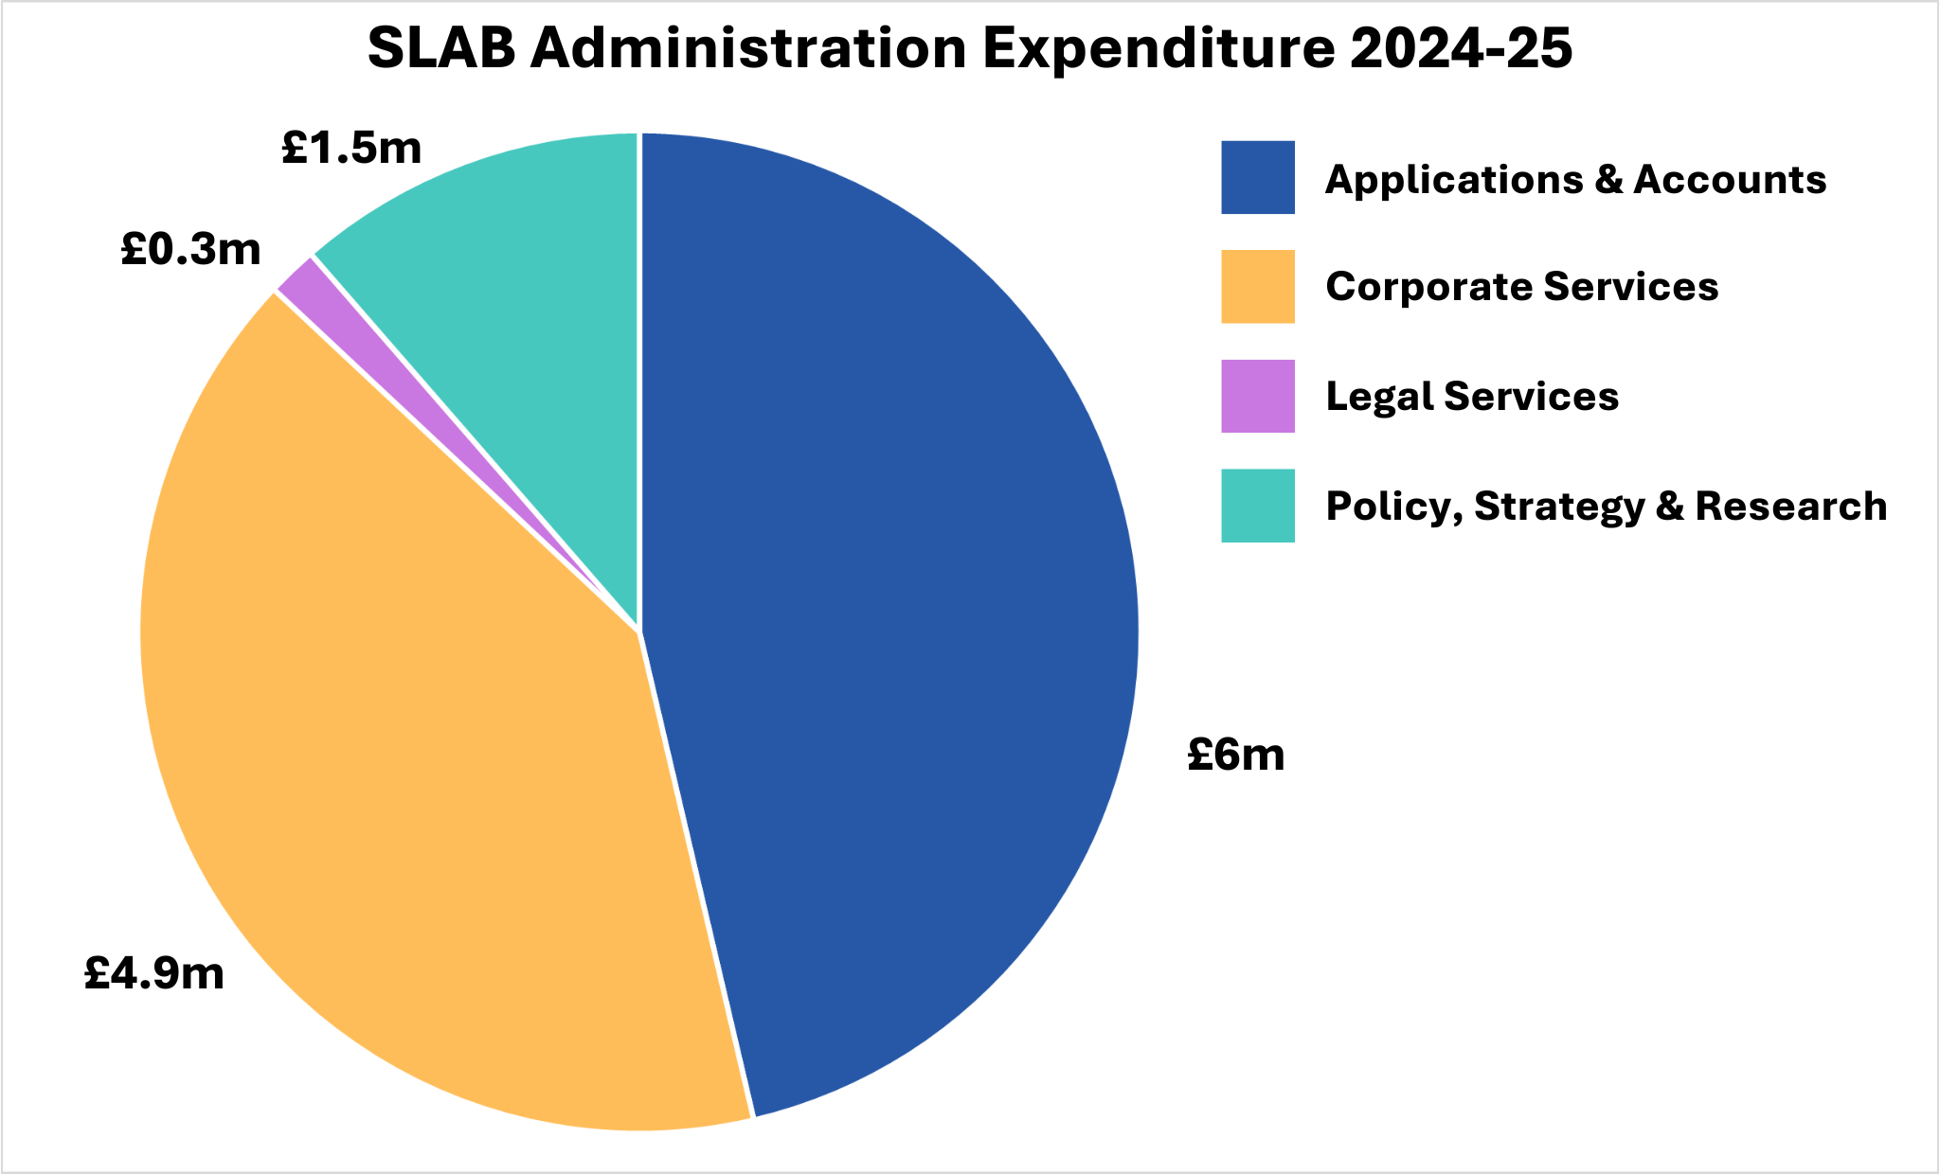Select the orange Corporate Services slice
click(x=407, y=757)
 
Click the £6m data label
click(x=1235, y=756)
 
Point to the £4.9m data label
click(x=154, y=973)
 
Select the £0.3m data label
click(x=190, y=250)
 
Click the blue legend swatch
click(x=1257, y=178)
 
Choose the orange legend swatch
click(x=1257, y=287)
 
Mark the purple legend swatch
click(x=1257, y=396)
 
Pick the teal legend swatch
click(x=1257, y=506)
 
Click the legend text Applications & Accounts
click(x=1575, y=180)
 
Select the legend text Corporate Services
click(x=1521, y=287)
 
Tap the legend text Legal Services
click(x=1472, y=397)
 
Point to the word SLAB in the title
click(x=440, y=49)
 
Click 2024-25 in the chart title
click(x=1460, y=49)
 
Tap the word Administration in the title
click(x=748, y=49)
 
